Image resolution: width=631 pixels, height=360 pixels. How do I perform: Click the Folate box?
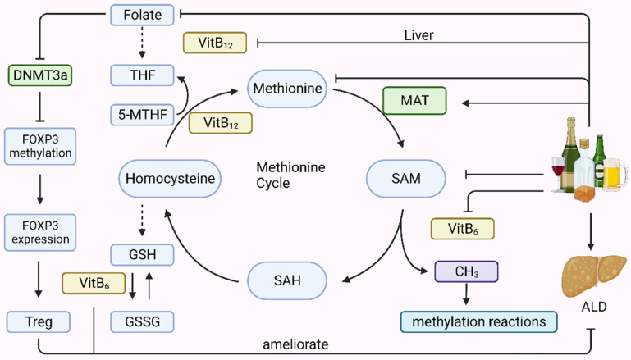[x=142, y=13]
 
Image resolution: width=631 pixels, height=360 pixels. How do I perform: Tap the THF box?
[x=142, y=75]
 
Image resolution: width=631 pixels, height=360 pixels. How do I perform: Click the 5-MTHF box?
[x=142, y=114]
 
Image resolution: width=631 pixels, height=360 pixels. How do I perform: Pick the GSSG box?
[x=142, y=321]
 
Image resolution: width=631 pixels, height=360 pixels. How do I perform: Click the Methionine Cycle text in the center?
[x=290, y=175]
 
